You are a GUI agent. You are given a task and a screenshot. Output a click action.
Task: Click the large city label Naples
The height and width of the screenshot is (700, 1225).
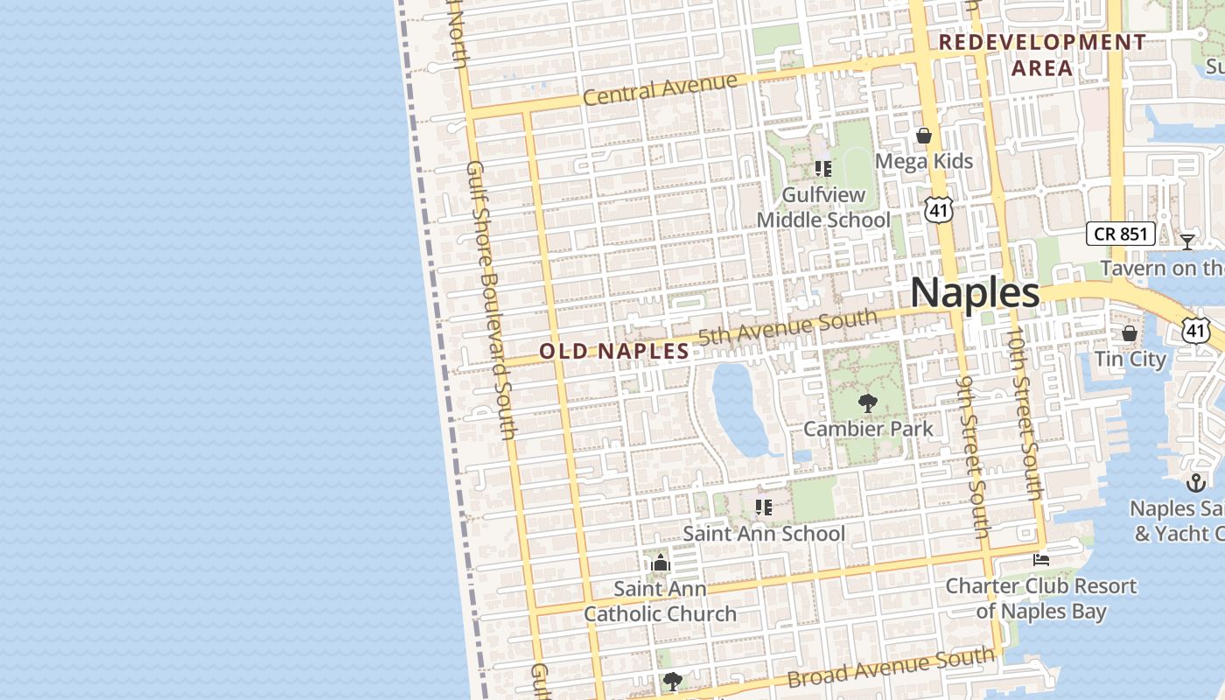975,292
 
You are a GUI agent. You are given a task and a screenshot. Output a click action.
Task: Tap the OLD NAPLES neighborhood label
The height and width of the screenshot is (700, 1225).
614,352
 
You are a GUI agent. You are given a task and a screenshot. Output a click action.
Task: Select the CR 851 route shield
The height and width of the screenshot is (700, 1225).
1121,234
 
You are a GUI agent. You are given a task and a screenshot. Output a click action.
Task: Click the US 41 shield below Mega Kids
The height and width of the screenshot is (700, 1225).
937,208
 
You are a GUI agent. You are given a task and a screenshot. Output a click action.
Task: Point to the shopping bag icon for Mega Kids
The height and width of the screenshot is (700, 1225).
923,136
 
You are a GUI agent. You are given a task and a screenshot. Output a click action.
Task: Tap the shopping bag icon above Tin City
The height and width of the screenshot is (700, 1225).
1130,333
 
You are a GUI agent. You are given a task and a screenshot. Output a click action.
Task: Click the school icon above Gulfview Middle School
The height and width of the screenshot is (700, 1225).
822,168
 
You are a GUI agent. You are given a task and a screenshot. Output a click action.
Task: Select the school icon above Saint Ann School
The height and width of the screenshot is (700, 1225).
764,507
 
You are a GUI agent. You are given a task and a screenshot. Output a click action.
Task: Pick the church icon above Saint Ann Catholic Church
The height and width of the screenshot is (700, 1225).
661,562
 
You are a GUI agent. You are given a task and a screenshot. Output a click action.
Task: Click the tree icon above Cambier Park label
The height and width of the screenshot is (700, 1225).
867,403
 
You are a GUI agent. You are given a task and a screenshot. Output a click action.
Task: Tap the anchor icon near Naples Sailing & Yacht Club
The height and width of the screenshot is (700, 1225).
1195,482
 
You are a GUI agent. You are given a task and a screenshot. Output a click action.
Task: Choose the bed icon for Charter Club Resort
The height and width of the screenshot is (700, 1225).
1040,559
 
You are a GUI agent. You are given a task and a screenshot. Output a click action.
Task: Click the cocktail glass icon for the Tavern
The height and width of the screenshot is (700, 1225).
1187,241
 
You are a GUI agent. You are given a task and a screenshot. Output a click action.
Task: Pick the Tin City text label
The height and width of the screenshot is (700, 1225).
1130,359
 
